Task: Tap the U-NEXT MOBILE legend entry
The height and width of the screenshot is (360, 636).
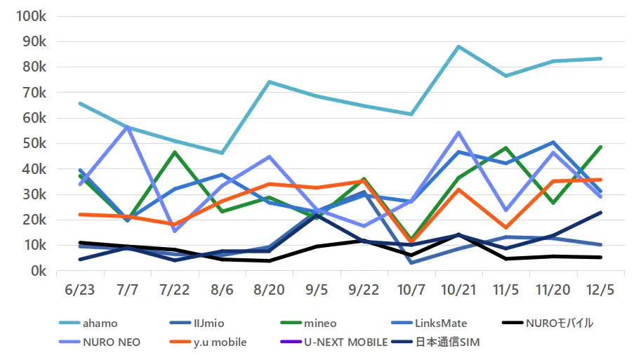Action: click(345, 342)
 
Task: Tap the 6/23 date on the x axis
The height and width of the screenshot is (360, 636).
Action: click(81, 291)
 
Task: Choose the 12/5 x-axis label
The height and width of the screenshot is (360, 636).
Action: click(599, 291)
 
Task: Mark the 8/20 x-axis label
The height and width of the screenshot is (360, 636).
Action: click(270, 291)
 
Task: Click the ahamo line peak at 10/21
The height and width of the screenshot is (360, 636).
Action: click(458, 46)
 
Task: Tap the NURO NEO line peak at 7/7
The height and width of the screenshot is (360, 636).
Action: click(128, 126)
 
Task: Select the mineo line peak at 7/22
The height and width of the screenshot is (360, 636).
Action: click(175, 152)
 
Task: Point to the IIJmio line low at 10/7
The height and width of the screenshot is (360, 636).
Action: click(411, 262)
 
